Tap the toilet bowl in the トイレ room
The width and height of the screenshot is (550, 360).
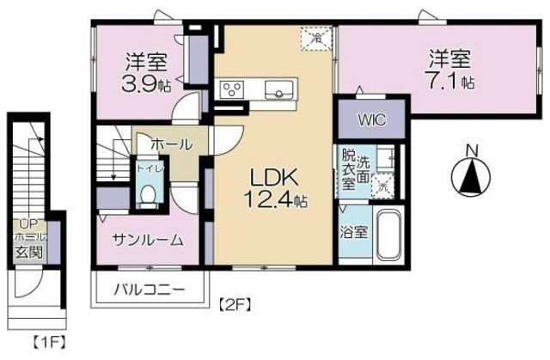[148, 196]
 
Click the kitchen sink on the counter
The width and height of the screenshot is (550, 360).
[281, 88]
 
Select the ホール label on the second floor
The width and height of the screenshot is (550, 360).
[171, 144]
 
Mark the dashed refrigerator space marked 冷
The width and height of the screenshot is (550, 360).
[316, 37]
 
